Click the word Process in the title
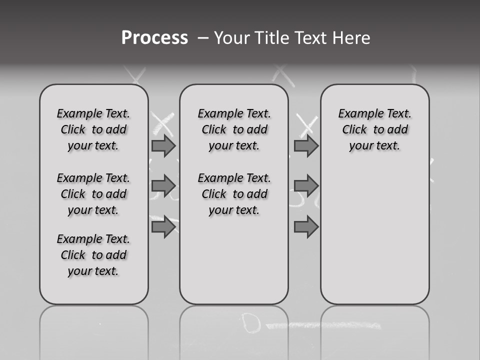tap(154, 38)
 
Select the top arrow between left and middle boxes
tap(163, 145)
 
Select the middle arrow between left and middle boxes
tap(163, 186)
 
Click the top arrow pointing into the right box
tap(306, 145)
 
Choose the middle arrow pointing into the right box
tap(306, 186)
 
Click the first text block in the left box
tap(93, 129)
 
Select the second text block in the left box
tap(93, 194)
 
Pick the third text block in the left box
tap(93, 255)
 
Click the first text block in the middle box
tap(234, 129)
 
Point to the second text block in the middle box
tap(234, 194)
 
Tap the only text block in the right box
tap(375, 129)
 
